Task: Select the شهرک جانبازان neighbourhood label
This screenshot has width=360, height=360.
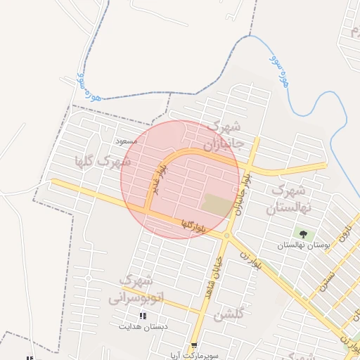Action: click(224, 136)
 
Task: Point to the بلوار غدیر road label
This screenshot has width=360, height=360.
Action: click(159, 179)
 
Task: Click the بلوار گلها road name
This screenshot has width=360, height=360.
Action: click(192, 225)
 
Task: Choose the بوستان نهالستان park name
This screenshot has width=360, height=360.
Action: click(303, 245)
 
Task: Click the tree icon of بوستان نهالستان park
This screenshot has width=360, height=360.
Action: click(303, 234)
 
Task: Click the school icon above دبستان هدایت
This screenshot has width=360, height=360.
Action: click(143, 316)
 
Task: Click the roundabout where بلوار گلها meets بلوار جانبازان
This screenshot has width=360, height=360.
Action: click(226, 236)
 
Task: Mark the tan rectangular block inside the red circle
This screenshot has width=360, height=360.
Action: click(217, 205)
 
